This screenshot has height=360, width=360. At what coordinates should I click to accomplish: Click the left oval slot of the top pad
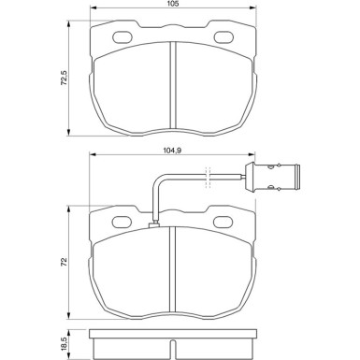pos(122,38)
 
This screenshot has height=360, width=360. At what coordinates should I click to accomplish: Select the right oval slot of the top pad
pos(223,38)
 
